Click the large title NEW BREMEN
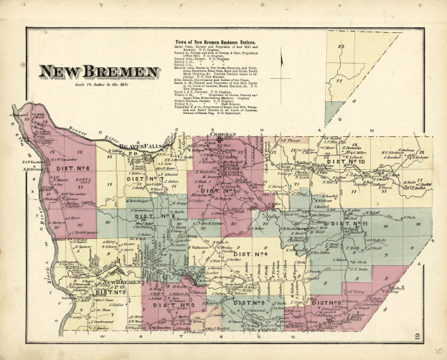click(x=99, y=72)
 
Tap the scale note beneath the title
click(x=98, y=85)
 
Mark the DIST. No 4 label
click(x=250, y=253)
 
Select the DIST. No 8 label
click(x=326, y=303)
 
